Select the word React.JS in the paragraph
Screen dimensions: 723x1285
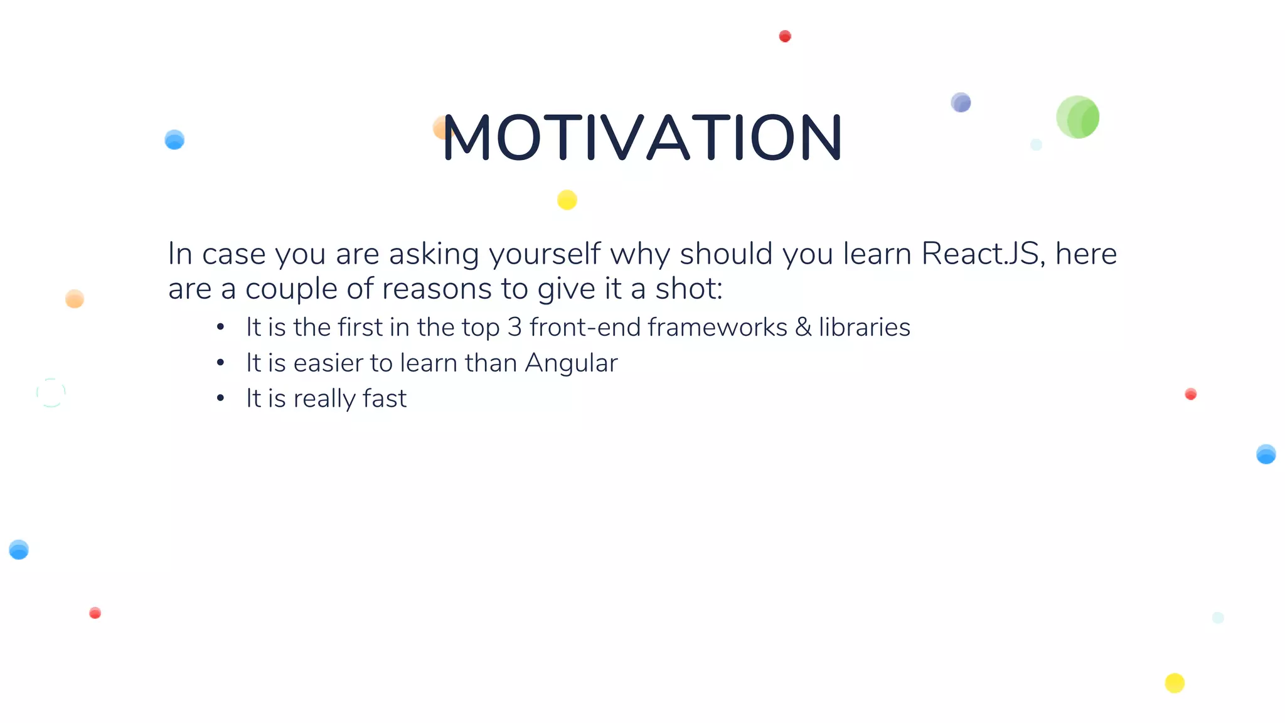[979, 254]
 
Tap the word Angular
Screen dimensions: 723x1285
[571, 363]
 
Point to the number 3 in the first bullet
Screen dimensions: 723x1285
[515, 328]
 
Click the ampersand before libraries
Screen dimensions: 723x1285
[803, 328]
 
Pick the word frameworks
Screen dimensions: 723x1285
[717, 328]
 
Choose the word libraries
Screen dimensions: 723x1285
[864, 328]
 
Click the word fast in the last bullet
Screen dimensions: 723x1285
[385, 399]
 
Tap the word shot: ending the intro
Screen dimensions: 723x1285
[688, 289]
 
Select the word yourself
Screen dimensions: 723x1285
[545, 254]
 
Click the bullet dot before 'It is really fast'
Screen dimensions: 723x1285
[220, 399]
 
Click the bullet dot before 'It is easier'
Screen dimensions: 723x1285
[220, 363]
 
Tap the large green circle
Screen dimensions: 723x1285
[1077, 117]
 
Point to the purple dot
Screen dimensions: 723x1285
[961, 102]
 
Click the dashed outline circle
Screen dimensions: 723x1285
[51, 393]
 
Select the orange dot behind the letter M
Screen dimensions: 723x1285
[440, 128]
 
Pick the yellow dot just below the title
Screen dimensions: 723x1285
[567, 200]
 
